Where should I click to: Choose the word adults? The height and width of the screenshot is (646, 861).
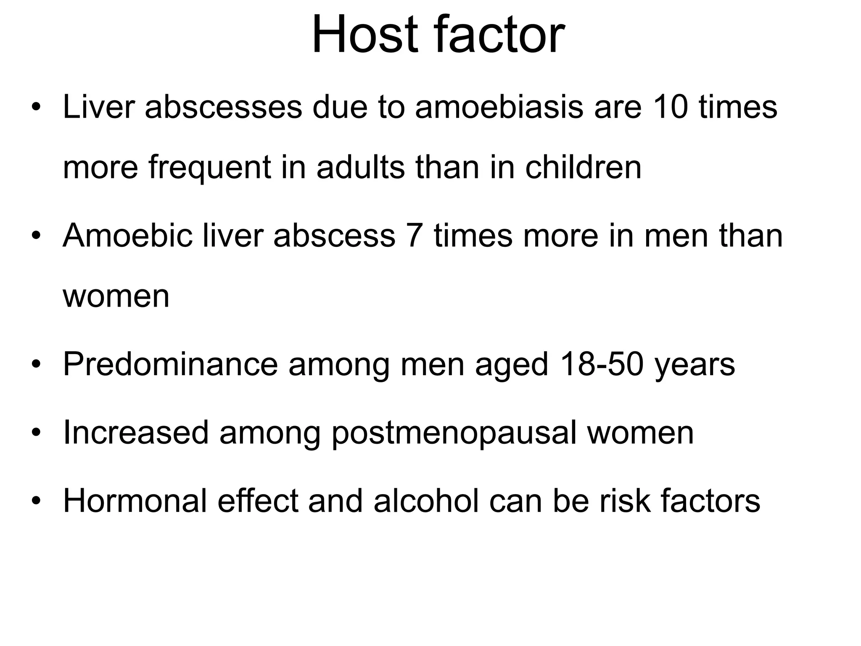360,167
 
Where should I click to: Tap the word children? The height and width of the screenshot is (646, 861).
583,167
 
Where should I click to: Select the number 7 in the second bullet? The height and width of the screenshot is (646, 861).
415,236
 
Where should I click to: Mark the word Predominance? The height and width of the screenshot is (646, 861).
170,364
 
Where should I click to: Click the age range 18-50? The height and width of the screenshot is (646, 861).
602,364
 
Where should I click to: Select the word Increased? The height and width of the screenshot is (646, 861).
136,432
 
